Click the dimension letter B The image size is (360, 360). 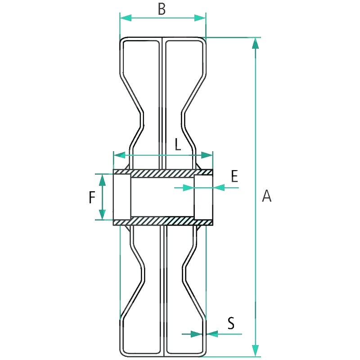(x=162, y=9)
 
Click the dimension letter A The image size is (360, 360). (x=267, y=196)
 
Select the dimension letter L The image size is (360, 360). (x=177, y=144)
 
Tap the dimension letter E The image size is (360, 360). (x=234, y=176)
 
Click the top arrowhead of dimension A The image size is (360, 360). (x=256, y=43)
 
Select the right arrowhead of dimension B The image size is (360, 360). (x=200, y=18)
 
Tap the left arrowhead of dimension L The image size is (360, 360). (x=119, y=155)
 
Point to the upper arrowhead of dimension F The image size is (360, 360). (x=103, y=180)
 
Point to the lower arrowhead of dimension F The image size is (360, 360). (x=103, y=214)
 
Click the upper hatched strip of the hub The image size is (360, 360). (x=162, y=173)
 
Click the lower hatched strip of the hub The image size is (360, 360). (x=162, y=221)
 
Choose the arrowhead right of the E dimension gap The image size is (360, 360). (x=219, y=187)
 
